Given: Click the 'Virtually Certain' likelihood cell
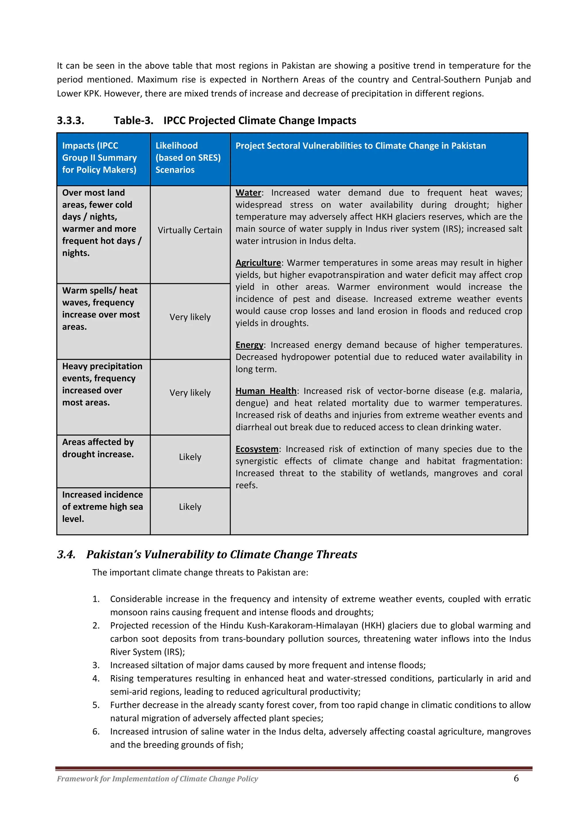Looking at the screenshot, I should pyautogui.click(x=190, y=230).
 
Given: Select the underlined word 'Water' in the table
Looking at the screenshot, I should pyautogui.click(x=248, y=193).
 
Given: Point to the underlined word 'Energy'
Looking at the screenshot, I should pyautogui.click(x=249, y=345).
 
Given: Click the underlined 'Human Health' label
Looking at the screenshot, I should pyautogui.click(x=266, y=391).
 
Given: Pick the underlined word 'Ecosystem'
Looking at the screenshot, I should pyautogui.click(x=257, y=449).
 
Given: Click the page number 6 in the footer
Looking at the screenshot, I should pyautogui.click(x=516, y=778).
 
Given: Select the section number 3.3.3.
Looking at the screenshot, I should pyautogui.click(x=71, y=121).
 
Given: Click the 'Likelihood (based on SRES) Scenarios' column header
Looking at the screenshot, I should pyautogui.click(x=188, y=158).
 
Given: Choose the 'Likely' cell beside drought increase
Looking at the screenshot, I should pyautogui.click(x=190, y=457).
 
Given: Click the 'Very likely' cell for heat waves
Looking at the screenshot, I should pyautogui.click(x=190, y=317).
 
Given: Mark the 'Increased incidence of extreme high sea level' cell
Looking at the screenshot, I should pyautogui.click(x=102, y=507).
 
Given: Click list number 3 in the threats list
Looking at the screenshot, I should pyautogui.click(x=96, y=665).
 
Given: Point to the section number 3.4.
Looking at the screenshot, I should pyautogui.click(x=66, y=555).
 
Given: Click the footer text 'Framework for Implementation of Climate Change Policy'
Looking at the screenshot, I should pyautogui.click(x=158, y=779).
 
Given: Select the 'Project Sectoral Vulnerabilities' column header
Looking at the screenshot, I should pyautogui.click(x=361, y=146).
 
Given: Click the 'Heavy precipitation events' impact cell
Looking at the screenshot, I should pyautogui.click(x=102, y=384).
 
